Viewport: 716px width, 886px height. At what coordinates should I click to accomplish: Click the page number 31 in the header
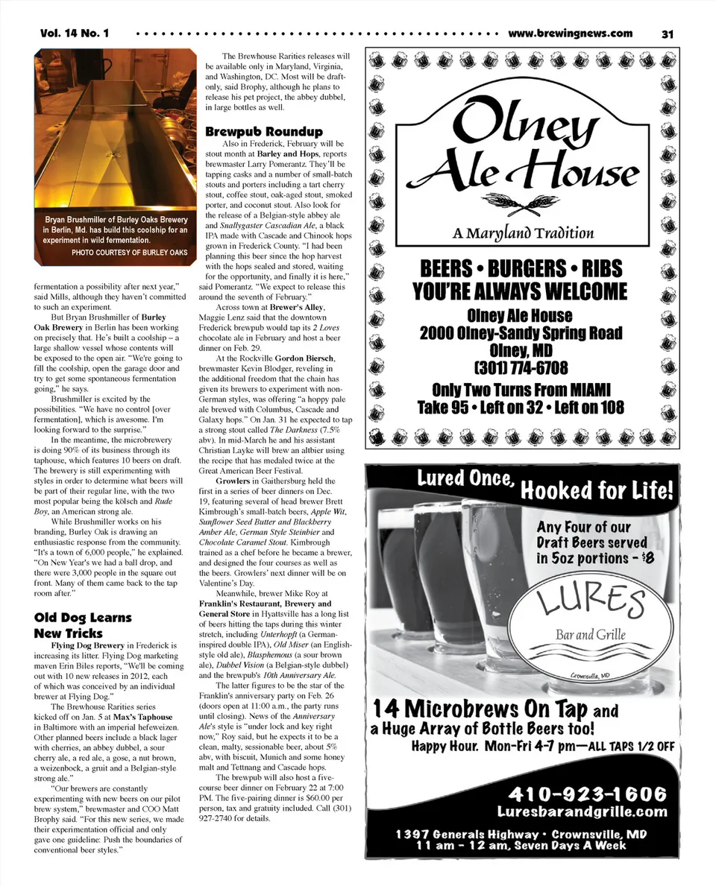(x=667, y=34)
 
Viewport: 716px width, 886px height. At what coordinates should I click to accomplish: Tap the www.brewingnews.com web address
(x=570, y=34)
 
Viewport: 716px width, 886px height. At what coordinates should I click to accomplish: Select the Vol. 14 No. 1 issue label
(x=75, y=34)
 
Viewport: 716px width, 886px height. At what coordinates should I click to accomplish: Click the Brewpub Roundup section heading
(x=264, y=132)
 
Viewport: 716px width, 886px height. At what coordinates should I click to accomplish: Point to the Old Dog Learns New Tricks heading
(x=82, y=625)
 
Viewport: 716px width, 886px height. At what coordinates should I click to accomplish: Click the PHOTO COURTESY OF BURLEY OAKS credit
(x=129, y=253)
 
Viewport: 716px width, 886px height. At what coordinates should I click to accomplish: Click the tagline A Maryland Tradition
(x=523, y=233)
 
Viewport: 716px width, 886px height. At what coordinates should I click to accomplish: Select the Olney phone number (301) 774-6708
(x=521, y=368)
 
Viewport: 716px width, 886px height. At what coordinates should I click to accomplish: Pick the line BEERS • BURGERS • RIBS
(x=521, y=268)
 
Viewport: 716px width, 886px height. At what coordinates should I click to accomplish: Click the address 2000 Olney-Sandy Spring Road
(x=521, y=332)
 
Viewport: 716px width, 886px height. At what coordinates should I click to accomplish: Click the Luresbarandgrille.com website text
(x=582, y=811)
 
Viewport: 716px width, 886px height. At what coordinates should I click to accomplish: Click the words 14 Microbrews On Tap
(x=480, y=708)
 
